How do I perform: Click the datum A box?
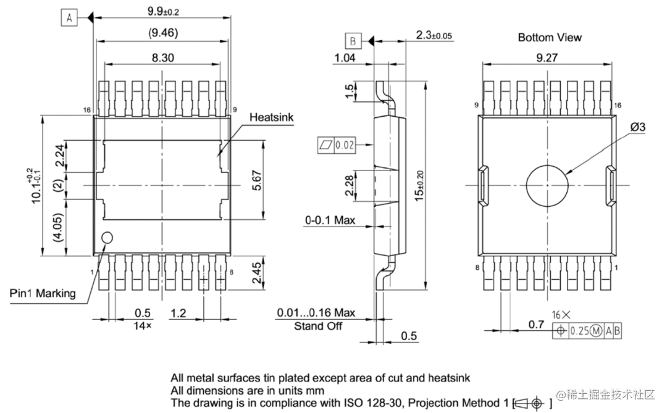[x=69, y=19]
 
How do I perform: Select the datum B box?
[x=353, y=41]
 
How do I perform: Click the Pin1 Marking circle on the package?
[x=107, y=238]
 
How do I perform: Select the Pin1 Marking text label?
[x=43, y=293]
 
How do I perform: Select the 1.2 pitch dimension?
[x=178, y=313]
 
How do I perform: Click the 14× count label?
[x=142, y=325]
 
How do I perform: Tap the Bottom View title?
[x=549, y=38]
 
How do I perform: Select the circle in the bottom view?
[x=547, y=185]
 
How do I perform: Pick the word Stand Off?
[x=317, y=325]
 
